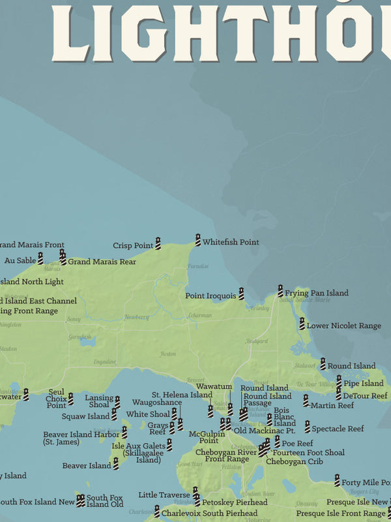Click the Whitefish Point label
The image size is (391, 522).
pyautogui.click(x=230, y=242)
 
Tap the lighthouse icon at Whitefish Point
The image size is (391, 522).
pyautogui.click(x=198, y=240)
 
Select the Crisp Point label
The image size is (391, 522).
pyautogui.click(x=133, y=246)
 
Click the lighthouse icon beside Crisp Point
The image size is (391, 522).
pyautogui.click(x=158, y=243)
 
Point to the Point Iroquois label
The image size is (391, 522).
pyautogui.click(x=211, y=296)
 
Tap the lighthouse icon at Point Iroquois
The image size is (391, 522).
pyautogui.click(x=241, y=294)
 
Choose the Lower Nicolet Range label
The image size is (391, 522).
pyautogui.click(x=344, y=326)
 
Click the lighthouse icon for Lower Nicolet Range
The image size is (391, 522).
pyautogui.click(x=302, y=323)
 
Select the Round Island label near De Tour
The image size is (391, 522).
pyautogui.click(x=351, y=366)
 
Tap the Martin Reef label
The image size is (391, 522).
pyautogui.click(x=332, y=406)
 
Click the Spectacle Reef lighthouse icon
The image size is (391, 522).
pyautogui.click(x=307, y=427)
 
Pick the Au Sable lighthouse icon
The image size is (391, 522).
pyautogui.click(x=40, y=258)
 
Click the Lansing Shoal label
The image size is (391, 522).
pyautogui.click(x=99, y=401)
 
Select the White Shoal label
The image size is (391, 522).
pyautogui.click(x=148, y=414)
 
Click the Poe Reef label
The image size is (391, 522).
pyautogui.click(x=297, y=443)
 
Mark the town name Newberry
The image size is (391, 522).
pyautogui.click(x=137, y=317)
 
